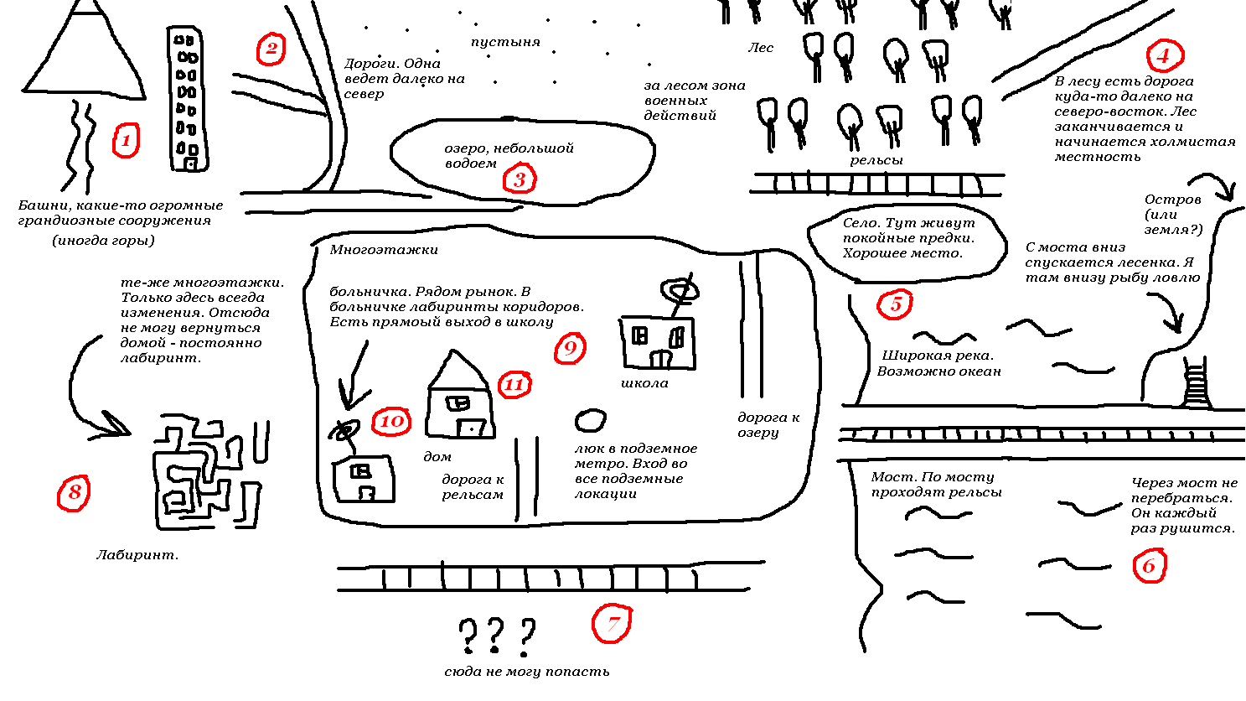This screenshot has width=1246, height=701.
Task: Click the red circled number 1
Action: tap(126, 140)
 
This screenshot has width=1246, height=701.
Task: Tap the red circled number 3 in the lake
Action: tap(520, 179)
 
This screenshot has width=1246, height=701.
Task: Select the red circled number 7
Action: tap(612, 624)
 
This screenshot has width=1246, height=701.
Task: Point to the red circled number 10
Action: tap(391, 421)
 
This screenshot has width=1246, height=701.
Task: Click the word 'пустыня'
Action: tap(505, 42)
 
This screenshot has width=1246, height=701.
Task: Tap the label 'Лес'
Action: tap(760, 48)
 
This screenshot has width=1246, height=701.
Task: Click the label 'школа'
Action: tap(644, 383)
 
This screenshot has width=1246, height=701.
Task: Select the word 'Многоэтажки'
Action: tap(384, 249)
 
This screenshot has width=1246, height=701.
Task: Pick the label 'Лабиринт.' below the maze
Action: tap(137, 554)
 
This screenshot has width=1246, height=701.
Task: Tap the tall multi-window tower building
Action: tap(188, 98)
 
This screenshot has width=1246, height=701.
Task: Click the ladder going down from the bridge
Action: tap(1196, 383)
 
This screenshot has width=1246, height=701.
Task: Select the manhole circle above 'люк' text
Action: tap(590, 420)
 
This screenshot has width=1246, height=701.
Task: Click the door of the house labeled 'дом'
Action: tap(472, 428)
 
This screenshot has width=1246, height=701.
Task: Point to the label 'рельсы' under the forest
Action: tap(876, 161)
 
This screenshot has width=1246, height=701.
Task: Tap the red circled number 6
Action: tap(1149, 566)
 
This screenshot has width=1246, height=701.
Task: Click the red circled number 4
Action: tap(1165, 55)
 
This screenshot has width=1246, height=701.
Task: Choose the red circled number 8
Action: tap(74, 493)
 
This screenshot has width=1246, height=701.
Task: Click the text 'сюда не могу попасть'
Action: tap(527, 672)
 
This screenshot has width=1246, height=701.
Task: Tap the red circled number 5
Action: tap(895, 304)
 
